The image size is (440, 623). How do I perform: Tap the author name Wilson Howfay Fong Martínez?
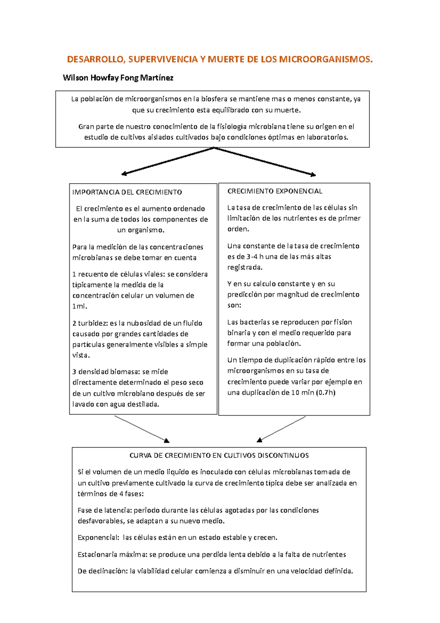pos(118,78)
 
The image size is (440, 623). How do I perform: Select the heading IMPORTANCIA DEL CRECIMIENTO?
pos(127,192)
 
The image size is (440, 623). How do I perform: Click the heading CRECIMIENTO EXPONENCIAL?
pos(275,191)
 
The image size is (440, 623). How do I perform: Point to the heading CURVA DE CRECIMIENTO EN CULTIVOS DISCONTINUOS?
pos(219,456)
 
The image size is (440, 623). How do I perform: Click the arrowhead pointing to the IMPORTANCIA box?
pos(124,174)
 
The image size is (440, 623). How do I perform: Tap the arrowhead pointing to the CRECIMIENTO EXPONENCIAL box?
pos(313,175)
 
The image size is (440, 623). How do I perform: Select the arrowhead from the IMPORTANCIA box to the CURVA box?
pos(166,440)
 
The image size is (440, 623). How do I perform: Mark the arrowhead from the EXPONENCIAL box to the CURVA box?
pos(260,440)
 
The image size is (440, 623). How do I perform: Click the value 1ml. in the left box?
pos(80,306)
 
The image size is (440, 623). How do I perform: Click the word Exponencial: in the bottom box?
pos(98,538)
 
